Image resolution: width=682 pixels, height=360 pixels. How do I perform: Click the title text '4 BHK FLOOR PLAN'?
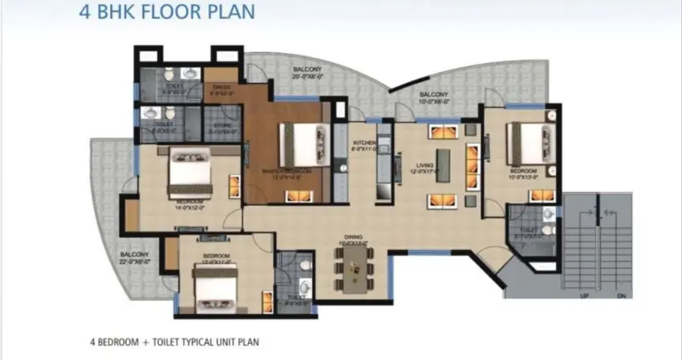(x=168, y=13)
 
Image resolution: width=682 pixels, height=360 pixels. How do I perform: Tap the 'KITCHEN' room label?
(x=364, y=143)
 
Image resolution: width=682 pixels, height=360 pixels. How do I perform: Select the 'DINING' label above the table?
(x=354, y=236)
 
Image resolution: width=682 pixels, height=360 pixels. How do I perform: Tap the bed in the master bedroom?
(x=300, y=144)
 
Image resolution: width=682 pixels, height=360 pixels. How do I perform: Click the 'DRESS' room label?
(x=221, y=87)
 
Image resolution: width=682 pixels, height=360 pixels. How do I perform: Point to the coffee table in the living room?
(x=443, y=164)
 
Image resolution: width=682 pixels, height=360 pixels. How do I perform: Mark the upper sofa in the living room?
(x=442, y=132)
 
